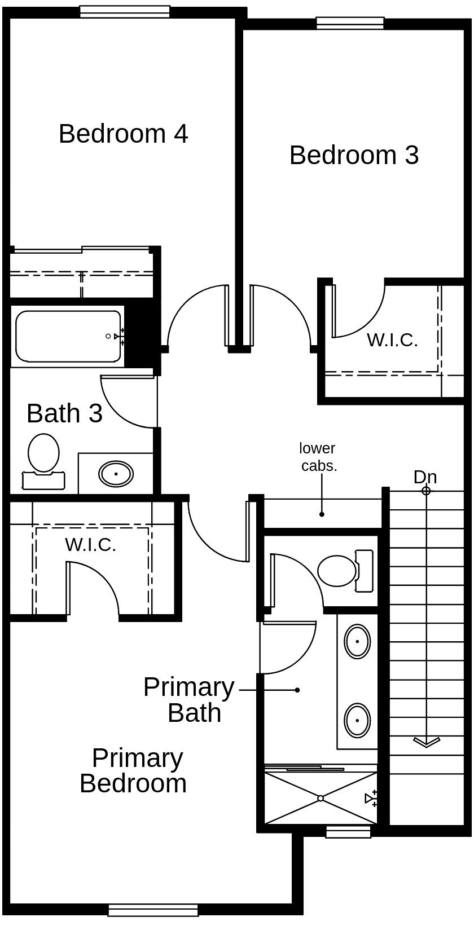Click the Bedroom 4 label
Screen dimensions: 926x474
tap(123, 134)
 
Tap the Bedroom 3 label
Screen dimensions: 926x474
tap(354, 155)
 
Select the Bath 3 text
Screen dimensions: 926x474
tap(64, 413)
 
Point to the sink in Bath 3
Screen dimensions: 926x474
tap(116, 474)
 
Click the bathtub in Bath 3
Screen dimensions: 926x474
tap(68, 336)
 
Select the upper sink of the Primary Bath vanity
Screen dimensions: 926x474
tap(357, 641)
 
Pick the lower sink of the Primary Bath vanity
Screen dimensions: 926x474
tap(357, 720)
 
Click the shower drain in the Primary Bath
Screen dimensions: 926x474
tap(320, 798)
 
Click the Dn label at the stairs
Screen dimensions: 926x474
tap(425, 477)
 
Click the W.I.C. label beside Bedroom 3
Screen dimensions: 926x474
tap(392, 340)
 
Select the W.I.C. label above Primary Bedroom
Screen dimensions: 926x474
tap(90, 545)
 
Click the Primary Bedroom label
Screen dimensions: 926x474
tap(134, 771)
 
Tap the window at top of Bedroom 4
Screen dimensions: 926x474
tap(125, 11)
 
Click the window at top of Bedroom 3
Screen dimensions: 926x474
tap(350, 23)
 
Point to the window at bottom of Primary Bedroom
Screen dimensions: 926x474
tap(153, 910)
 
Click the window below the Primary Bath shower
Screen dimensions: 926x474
tap(348, 831)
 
